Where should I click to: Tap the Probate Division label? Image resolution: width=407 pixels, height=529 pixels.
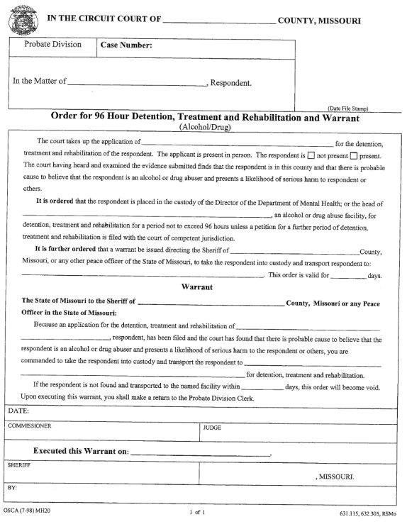pos(53,45)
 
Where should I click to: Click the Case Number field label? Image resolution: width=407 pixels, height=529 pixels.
pos(126,45)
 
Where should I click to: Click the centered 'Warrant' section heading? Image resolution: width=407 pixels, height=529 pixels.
pos(203,288)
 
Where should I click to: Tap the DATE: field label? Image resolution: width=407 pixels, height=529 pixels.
pos(19,411)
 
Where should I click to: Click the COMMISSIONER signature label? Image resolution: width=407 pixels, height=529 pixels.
pos(31,427)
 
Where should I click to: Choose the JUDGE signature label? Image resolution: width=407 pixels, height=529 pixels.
pos(212,428)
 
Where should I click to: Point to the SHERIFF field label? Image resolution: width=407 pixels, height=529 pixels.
pos(19,465)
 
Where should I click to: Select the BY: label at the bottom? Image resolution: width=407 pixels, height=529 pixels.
pos(12,489)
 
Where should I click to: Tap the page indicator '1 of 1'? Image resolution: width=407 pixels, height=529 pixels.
pos(198,511)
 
